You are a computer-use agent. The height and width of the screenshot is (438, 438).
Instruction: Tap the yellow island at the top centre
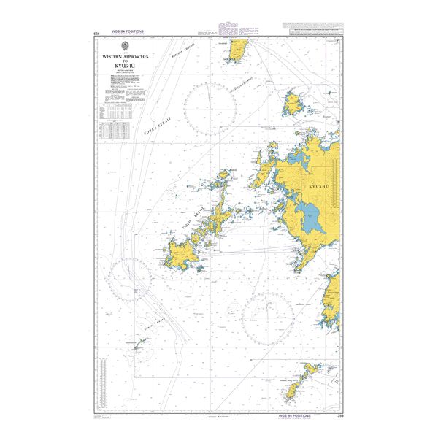pos(238,51)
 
